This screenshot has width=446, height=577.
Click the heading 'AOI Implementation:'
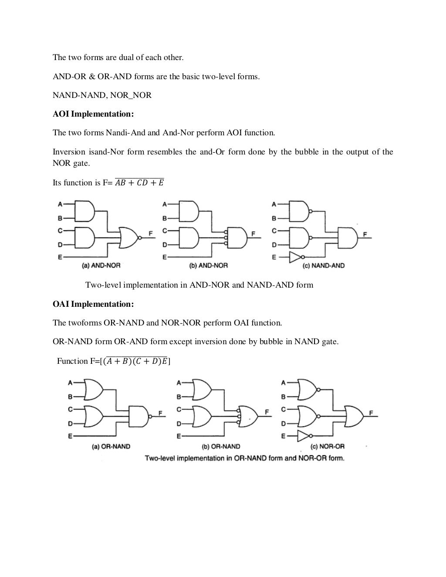click(x=93, y=114)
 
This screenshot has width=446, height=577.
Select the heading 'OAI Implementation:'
click(x=93, y=304)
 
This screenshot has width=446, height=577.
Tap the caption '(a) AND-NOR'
click(x=101, y=265)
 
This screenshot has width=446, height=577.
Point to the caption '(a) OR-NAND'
click(x=111, y=446)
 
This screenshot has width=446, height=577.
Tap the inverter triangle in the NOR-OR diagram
click(x=303, y=436)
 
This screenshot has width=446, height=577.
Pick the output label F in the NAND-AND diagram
click(x=365, y=234)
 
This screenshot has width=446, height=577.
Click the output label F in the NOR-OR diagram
click(x=371, y=413)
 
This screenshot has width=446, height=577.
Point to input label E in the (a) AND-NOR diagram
click(x=59, y=257)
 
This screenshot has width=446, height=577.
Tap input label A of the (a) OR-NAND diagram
click(x=70, y=383)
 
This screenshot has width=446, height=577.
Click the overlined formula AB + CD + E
click(x=139, y=183)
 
